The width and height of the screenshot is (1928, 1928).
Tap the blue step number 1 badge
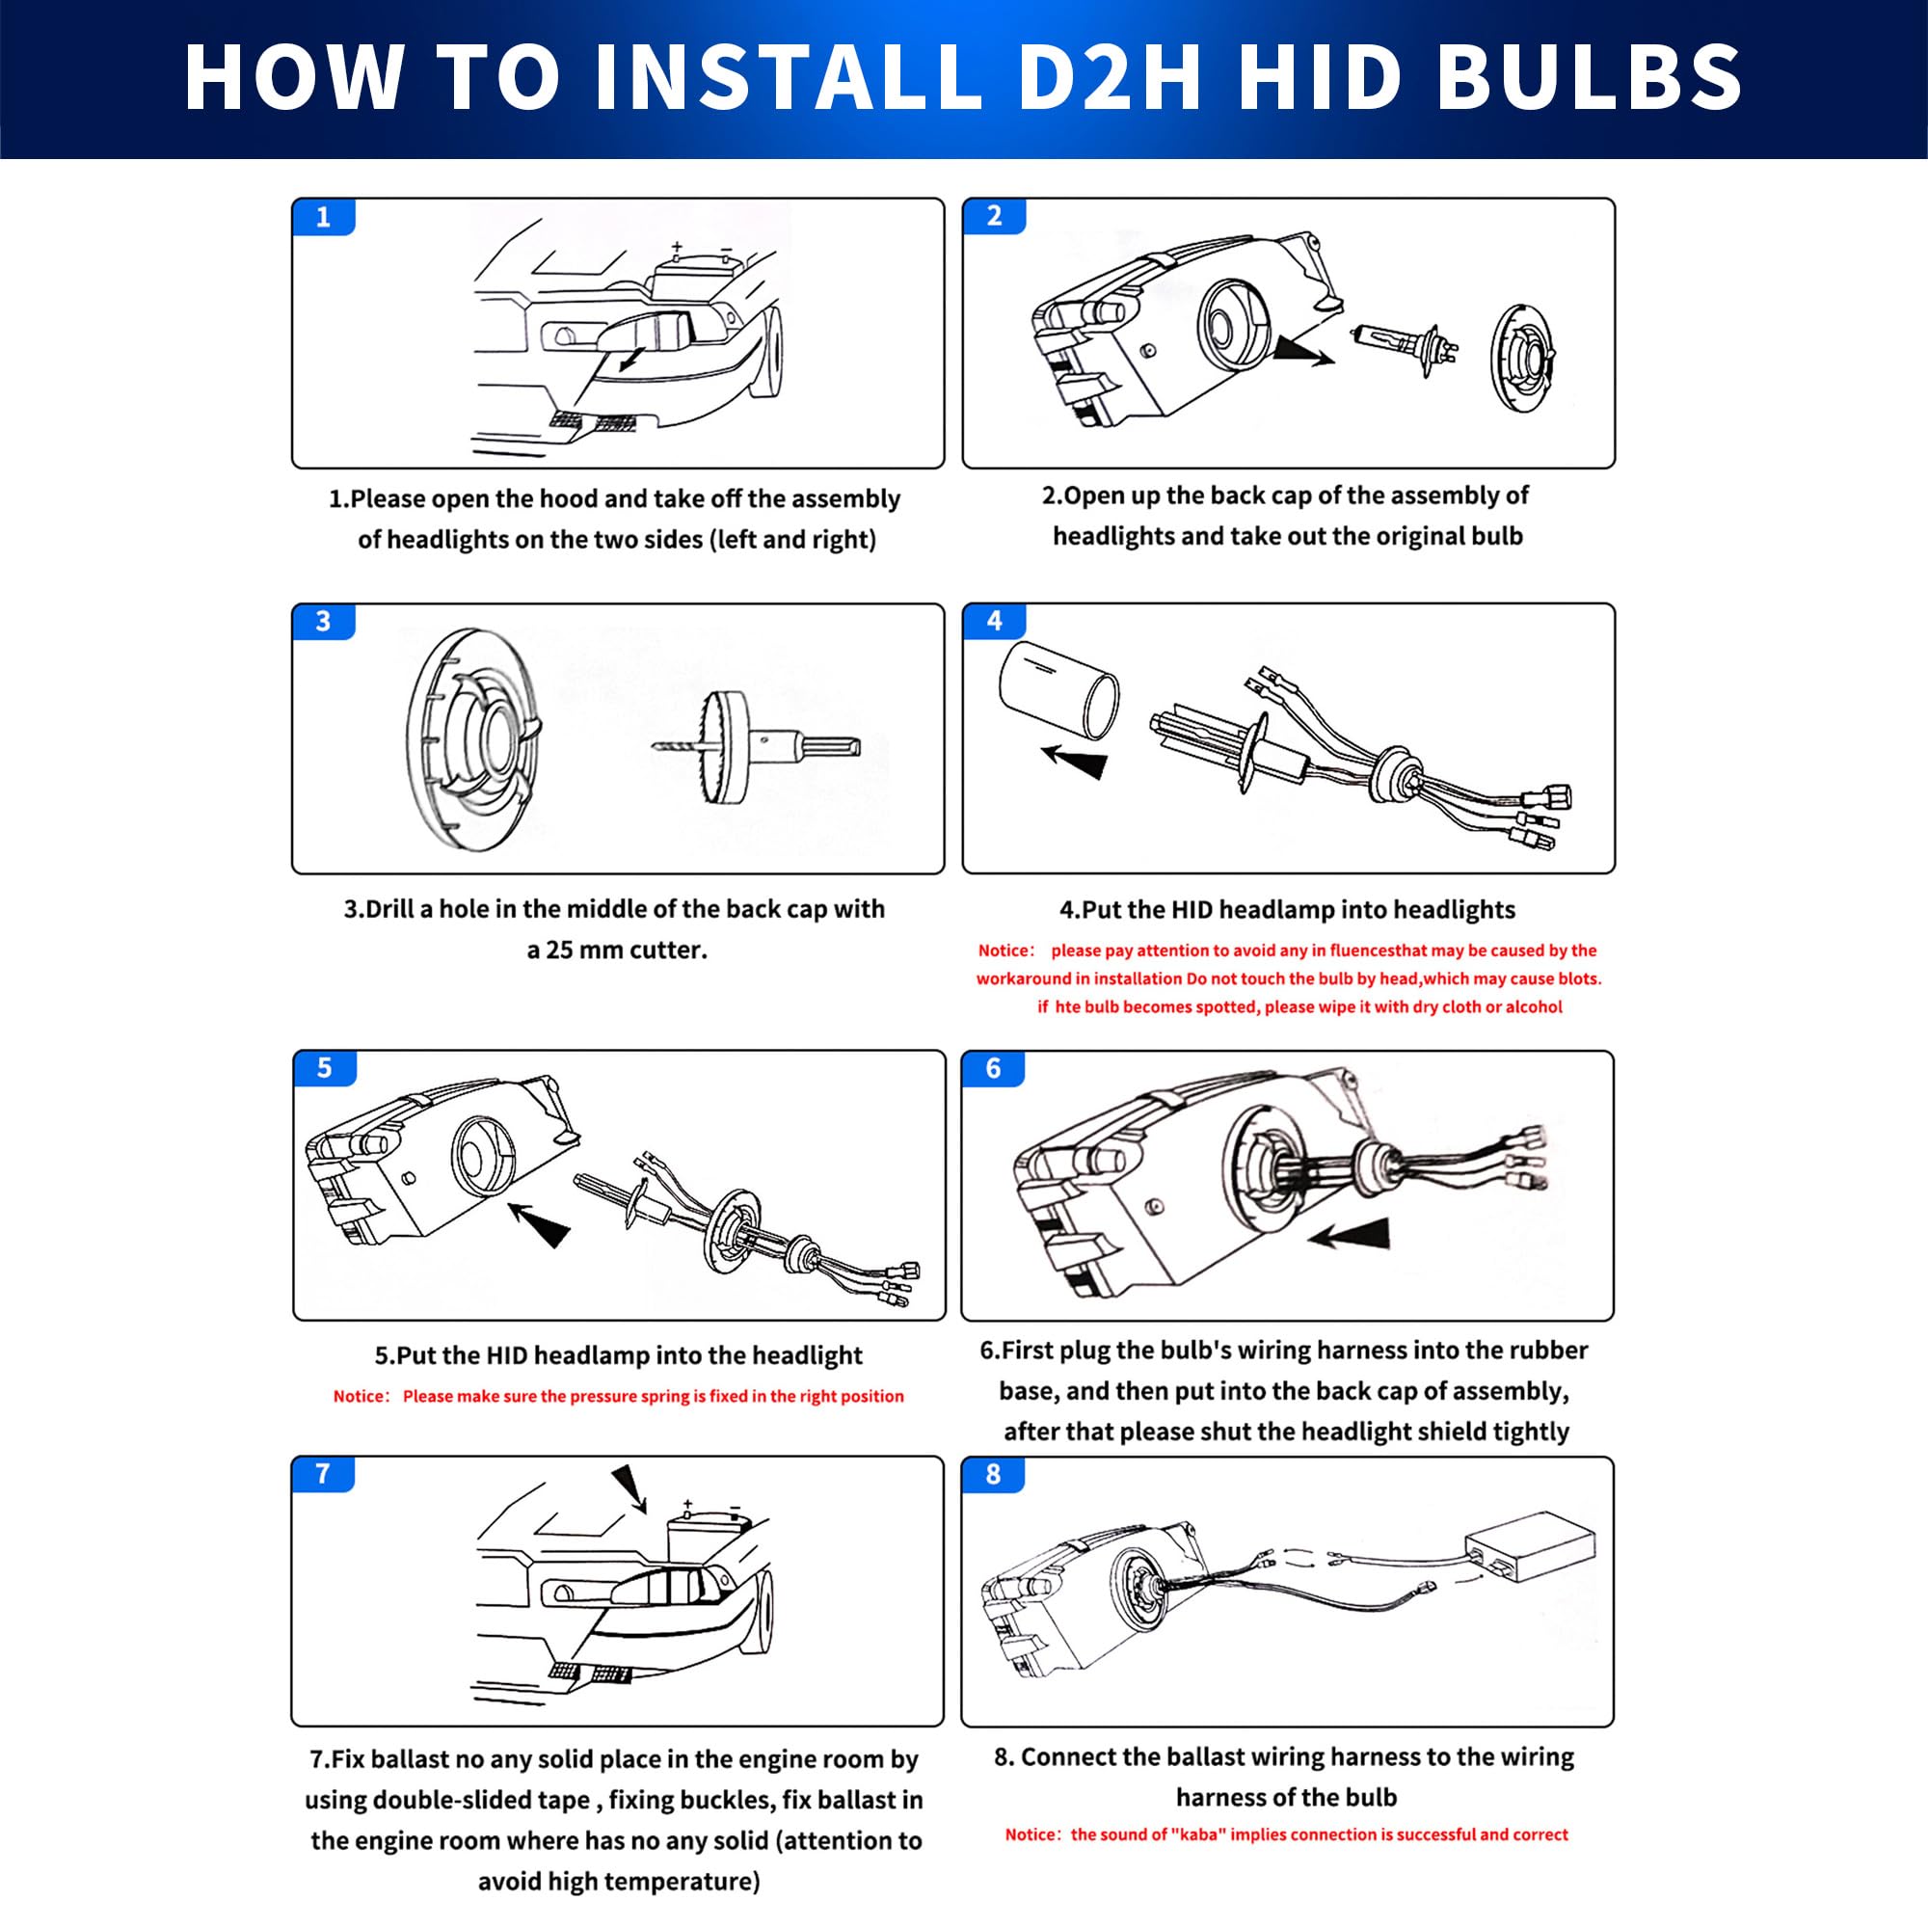click(x=323, y=217)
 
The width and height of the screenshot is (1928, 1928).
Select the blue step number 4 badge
click(x=994, y=621)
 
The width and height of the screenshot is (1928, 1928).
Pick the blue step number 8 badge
click(x=993, y=1474)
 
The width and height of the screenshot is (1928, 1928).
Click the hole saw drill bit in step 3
click(x=755, y=746)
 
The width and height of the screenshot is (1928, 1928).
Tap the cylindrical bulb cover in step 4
click(x=1058, y=688)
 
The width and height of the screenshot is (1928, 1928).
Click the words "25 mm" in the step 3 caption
click(x=588, y=949)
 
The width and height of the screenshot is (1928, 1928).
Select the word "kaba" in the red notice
click(x=1193, y=1834)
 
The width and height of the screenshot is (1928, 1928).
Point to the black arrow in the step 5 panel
click(x=539, y=1224)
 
